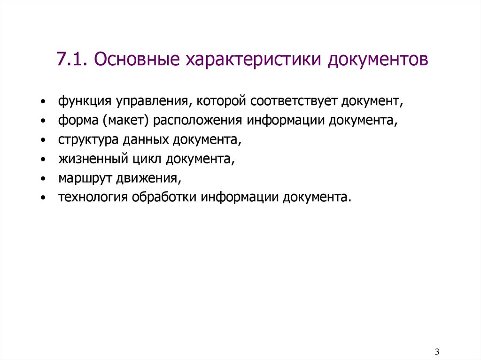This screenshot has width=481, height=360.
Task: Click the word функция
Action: tap(78, 101)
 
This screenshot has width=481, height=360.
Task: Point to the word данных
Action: tap(144, 140)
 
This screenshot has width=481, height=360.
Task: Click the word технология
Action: tap(93, 198)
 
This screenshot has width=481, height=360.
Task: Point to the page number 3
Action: tap(437, 352)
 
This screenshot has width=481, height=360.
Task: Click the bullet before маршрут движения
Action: tap(43, 179)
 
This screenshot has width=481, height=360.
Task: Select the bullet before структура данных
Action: tap(43, 141)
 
